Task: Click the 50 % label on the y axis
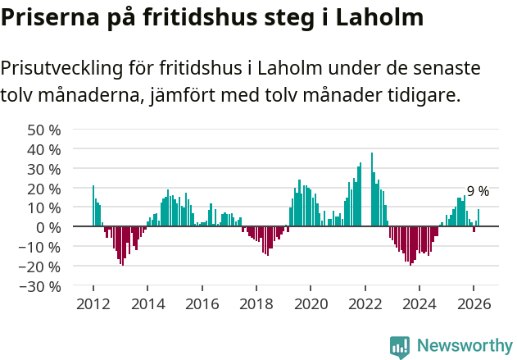tap(44, 130)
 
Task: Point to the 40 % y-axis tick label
tap(44, 149)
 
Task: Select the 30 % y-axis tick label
tap(44, 169)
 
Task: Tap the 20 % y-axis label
tap(44, 189)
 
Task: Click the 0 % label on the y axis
tap(48, 227)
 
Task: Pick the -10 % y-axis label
tap(41, 247)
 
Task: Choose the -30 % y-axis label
tap(41, 286)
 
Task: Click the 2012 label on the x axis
tap(93, 303)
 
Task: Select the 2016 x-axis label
tap(202, 303)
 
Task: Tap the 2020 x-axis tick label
tap(311, 303)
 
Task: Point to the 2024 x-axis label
tap(419, 303)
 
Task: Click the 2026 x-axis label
tap(474, 303)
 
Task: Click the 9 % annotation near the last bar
tap(478, 191)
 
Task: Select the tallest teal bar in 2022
tap(371, 189)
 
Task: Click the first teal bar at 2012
tap(93, 206)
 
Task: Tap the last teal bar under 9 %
tap(478, 218)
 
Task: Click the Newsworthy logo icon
tap(400, 347)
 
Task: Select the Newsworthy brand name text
tap(465, 346)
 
